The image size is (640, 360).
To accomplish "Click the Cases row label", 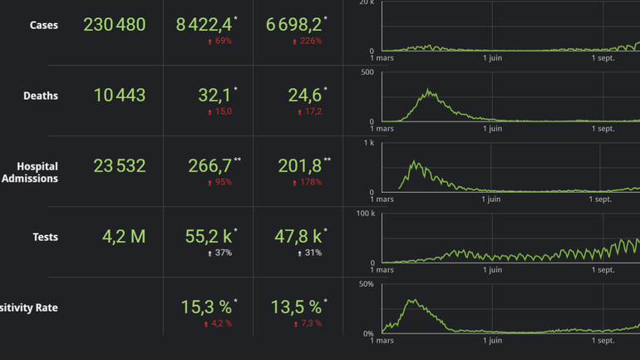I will click(x=43, y=25).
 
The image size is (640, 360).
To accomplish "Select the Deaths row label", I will click(x=41, y=96).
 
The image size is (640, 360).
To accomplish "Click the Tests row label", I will click(x=45, y=237).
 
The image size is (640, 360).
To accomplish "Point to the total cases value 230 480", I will click(x=114, y=25).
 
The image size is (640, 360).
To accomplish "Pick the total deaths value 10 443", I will click(x=119, y=96).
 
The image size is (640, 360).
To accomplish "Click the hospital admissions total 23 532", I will click(x=119, y=166).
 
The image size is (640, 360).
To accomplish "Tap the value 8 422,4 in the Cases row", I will click(x=204, y=25).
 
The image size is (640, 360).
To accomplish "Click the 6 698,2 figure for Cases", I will click(x=293, y=25).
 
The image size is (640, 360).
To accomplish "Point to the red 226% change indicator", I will click(x=307, y=41).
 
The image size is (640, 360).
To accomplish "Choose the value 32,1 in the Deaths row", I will click(x=214, y=96).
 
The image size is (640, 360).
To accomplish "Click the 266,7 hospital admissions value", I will click(x=210, y=166).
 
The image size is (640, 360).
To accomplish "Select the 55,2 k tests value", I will click(x=209, y=237).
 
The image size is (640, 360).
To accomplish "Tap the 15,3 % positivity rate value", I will click(x=206, y=308).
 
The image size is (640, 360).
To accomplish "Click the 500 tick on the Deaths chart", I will click(x=366, y=72).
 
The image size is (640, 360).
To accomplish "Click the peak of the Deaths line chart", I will click(x=429, y=90).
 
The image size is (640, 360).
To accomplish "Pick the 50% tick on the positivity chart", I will click(x=365, y=285).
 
